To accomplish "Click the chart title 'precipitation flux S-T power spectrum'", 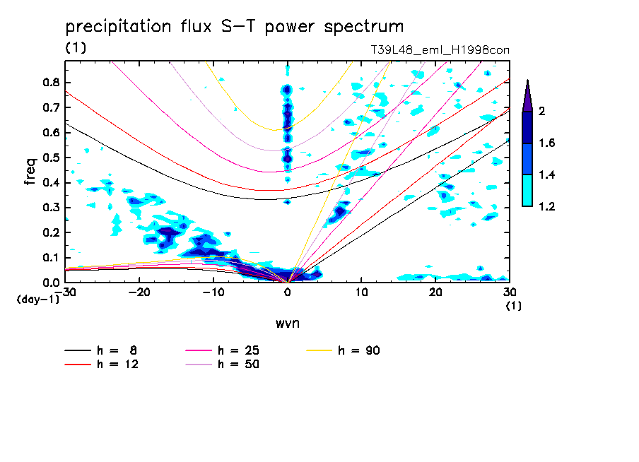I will (x=235, y=28).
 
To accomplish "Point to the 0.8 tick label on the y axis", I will (x=50, y=82).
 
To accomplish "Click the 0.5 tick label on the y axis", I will (x=50, y=158).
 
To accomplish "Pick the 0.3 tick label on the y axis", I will (x=50, y=208).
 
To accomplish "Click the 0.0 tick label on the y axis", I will (x=50, y=283).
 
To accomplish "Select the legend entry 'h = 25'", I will (x=238, y=350).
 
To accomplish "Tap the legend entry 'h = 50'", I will (x=238, y=365).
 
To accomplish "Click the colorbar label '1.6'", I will (x=547, y=143).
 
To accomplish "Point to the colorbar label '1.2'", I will (x=547, y=206).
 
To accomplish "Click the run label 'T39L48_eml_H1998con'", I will (x=440, y=49).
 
